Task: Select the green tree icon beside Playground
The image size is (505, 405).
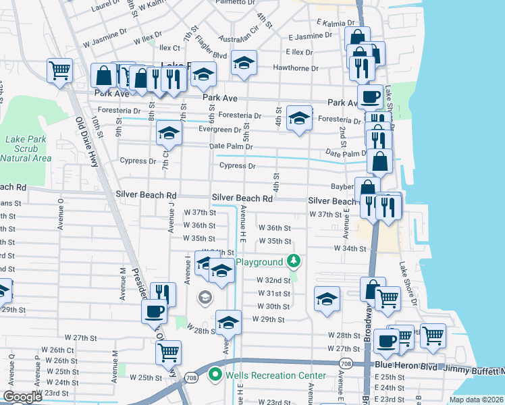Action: tap(293, 261)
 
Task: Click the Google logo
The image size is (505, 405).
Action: tap(22, 397)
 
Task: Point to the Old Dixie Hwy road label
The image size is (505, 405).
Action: tap(89, 140)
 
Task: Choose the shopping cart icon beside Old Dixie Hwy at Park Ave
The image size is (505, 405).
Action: tap(59, 69)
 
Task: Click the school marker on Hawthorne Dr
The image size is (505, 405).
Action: tap(244, 63)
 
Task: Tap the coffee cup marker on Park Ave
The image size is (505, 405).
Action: tap(369, 97)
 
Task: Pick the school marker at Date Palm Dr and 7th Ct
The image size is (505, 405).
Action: tap(169, 132)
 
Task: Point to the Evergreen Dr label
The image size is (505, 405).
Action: tap(219, 130)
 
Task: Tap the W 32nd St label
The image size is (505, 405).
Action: tap(273, 280)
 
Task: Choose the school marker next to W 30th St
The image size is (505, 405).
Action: tap(327, 298)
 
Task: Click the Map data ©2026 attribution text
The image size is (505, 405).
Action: tap(476, 400)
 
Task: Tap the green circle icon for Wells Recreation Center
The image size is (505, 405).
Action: tap(215, 375)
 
